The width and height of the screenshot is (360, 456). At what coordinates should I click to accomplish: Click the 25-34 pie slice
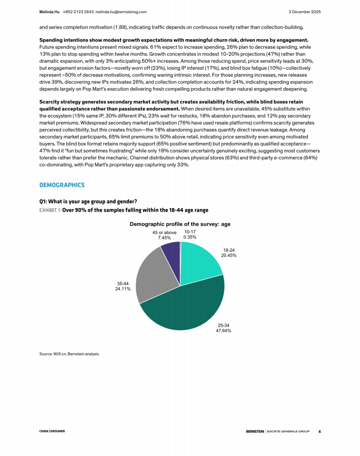[185, 309]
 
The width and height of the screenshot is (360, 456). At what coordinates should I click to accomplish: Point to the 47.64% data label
[223, 330]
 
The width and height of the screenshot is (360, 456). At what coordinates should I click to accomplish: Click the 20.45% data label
[229, 255]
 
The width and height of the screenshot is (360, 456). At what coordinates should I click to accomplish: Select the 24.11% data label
[123, 289]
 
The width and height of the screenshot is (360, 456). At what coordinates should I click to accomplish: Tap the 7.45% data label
[164, 238]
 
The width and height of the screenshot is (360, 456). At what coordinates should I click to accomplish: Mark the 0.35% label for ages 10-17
[190, 237]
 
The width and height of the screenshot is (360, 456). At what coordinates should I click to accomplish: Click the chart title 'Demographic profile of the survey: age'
[180, 224]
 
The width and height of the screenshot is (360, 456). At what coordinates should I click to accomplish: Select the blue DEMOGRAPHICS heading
[62, 185]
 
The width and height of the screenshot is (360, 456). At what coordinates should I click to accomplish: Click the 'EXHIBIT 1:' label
[50, 210]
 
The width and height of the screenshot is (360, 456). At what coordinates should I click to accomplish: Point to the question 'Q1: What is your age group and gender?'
[85, 202]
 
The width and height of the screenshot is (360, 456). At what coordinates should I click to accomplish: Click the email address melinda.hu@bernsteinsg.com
[121, 12]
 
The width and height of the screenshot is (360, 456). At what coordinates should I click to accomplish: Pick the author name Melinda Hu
[50, 12]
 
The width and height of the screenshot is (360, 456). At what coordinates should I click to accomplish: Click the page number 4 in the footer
[319, 431]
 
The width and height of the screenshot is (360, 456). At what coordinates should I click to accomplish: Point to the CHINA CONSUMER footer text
[52, 431]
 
